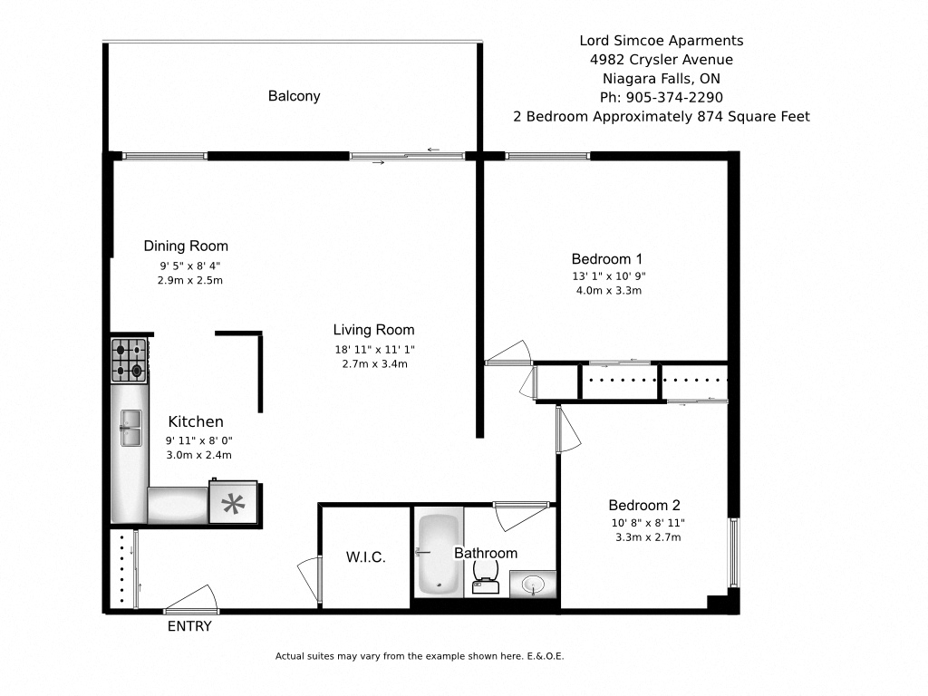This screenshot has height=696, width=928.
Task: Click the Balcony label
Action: (294, 96)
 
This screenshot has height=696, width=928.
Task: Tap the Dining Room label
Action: (186, 246)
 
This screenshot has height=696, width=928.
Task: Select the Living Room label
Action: (373, 330)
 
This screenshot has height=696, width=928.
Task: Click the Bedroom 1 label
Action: (607, 258)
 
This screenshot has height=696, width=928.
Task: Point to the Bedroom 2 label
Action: (643, 506)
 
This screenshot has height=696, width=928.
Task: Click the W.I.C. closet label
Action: (366, 557)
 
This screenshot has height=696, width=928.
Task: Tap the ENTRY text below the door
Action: (189, 626)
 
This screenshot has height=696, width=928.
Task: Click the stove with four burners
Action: (129, 360)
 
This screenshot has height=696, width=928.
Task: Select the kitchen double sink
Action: (130, 427)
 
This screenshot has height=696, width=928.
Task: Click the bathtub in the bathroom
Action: (440, 556)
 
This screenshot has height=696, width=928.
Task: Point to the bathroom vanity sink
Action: (532, 584)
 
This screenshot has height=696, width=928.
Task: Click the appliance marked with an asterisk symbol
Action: (235, 502)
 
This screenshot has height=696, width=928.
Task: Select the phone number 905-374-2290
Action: (661, 97)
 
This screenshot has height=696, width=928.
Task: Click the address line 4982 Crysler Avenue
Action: (661, 60)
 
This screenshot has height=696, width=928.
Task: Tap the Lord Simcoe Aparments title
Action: (661, 41)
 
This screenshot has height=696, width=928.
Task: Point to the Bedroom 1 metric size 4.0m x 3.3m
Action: (607, 291)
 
